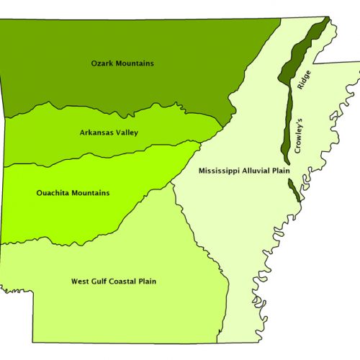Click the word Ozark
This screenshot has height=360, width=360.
[x=102, y=63]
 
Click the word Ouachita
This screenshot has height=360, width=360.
[x=53, y=193]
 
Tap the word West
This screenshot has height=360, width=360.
[x=81, y=282]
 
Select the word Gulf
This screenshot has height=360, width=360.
[x=102, y=282]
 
